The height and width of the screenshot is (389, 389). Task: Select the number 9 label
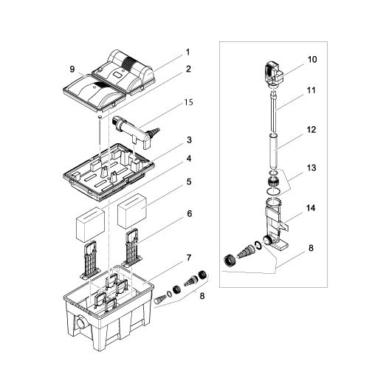tap(72, 69)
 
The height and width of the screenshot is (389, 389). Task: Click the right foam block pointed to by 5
tap(134, 209)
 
